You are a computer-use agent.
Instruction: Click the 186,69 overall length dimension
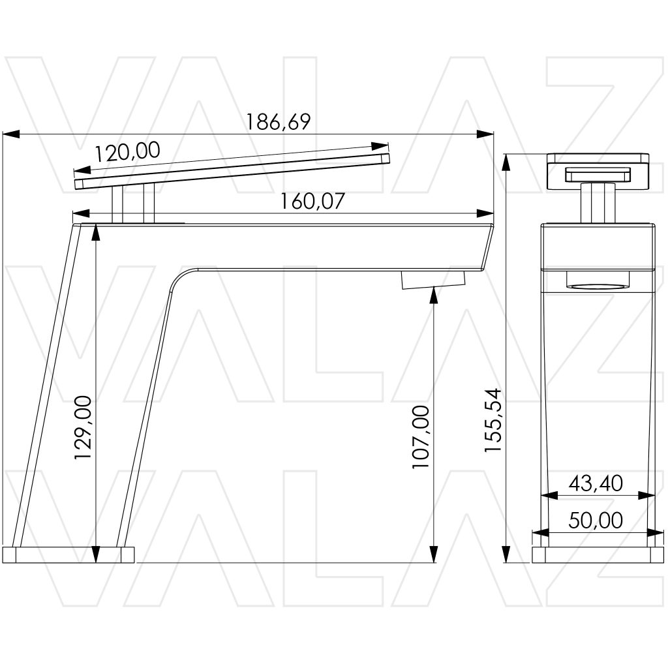click(x=279, y=122)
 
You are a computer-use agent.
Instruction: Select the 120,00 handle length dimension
click(x=127, y=151)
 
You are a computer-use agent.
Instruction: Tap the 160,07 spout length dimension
click(x=312, y=202)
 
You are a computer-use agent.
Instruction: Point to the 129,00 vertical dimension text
click(x=83, y=427)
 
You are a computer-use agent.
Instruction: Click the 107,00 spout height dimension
click(x=421, y=437)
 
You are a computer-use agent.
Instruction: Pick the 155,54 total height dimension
click(x=494, y=421)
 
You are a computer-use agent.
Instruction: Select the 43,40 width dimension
click(x=596, y=483)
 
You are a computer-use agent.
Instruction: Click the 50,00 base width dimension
click(x=596, y=520)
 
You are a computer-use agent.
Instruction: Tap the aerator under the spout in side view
click(x=433, y=281)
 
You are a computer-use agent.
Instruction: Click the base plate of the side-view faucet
click(x=68, y=555)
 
